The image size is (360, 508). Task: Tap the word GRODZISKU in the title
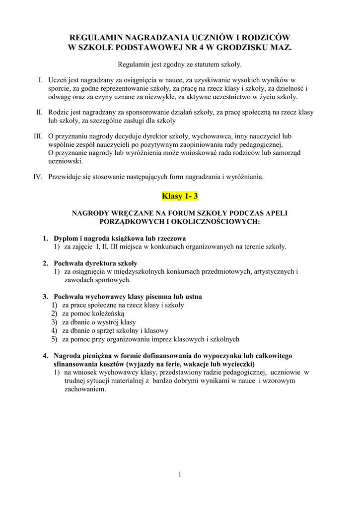(246, 48)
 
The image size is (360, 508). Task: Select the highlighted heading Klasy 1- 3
(180, 196)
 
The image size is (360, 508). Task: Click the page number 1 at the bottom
(180, 474)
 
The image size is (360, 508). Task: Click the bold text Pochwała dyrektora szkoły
(95, 263)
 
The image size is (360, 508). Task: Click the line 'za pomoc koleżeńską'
(93, 314)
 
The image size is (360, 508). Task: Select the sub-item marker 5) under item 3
(54, 339)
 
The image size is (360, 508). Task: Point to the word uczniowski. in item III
(66, 161)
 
